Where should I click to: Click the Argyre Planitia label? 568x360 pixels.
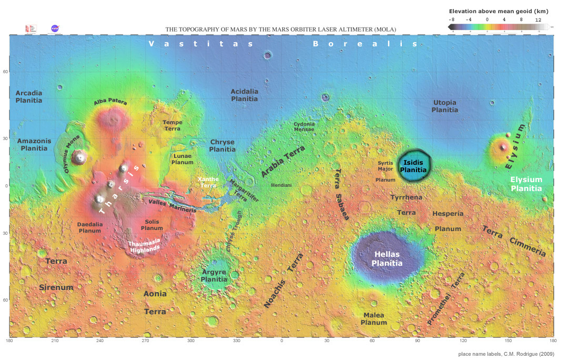[214, 276]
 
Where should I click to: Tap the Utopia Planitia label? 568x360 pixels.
[444, 106]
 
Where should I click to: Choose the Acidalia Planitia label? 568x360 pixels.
[245, 95]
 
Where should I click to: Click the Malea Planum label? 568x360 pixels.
[374, 318]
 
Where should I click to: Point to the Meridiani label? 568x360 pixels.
[281, 185]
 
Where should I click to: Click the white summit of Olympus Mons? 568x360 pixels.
[80, 156]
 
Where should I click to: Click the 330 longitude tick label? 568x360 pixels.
[237, 341]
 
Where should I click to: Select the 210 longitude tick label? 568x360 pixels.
[55, 341]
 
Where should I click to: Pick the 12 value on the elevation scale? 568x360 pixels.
[538, 19]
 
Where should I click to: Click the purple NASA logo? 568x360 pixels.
[55, 28]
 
